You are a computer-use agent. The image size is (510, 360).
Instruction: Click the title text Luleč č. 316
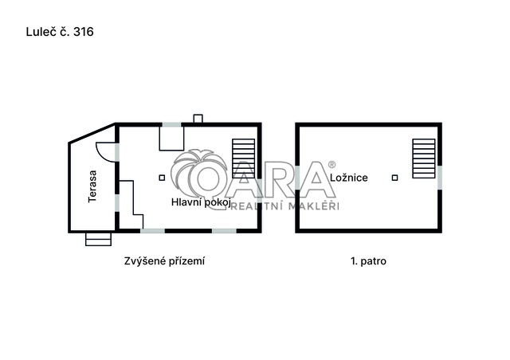point(60,32)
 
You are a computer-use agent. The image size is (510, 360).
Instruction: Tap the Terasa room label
point(92,186)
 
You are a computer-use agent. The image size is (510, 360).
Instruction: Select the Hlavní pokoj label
point(201,202)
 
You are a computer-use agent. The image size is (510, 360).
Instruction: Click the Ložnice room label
point(349,178)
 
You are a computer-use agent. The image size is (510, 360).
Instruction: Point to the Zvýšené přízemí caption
point(164,261)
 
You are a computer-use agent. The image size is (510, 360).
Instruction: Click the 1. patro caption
point(368,261)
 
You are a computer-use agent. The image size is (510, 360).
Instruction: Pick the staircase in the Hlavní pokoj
point(243,158)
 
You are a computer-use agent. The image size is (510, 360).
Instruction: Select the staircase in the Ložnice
point(424,158)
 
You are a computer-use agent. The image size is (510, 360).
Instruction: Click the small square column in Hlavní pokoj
point(162,178)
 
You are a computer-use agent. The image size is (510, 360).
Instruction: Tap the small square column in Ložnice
point(395,178)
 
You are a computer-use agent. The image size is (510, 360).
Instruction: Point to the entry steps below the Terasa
point(98,240)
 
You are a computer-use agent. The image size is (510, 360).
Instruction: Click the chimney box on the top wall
point(198,119)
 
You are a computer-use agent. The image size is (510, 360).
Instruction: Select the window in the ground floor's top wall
point(172,124)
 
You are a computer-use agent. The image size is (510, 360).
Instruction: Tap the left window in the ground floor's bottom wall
point(152,231)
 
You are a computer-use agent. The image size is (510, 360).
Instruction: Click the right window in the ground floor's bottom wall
point(224,231)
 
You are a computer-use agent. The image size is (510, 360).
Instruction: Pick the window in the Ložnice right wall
point(440,178)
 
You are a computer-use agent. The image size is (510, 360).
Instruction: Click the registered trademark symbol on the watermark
point(331,165)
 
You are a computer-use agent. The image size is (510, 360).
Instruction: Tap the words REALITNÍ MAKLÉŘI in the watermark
point(284,206)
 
